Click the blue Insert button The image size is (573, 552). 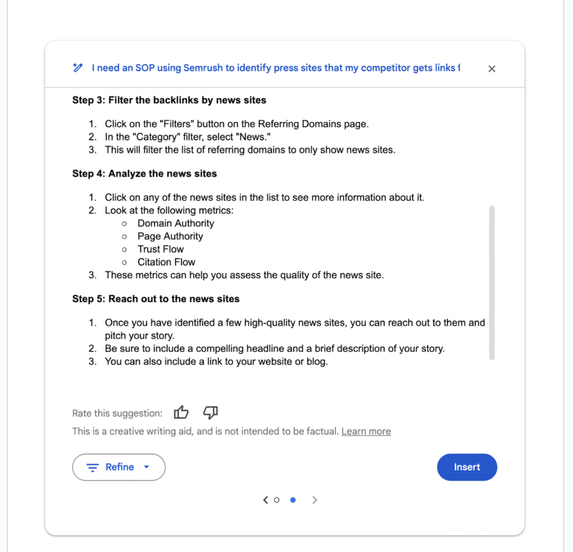(x=467, y=467)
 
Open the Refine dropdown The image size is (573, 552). (x=119, y=467)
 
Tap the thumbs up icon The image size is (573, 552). (x=181, y=412)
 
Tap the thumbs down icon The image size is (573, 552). (x=210, y=412)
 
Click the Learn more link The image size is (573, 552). (x=366, y=431)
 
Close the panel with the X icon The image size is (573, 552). (x=492, y=69)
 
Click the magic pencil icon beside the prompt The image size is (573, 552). (x=78, y=67)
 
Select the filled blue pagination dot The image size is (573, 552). (x=293, y=500)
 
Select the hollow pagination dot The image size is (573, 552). (x=276, y=500)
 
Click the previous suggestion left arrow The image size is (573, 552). (x=265, y=500)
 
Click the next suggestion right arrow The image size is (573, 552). (x=315, y=500)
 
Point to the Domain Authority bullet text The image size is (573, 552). (x=175, y=224)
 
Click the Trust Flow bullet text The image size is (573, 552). (x=160, y=249)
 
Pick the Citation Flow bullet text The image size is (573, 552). (x=166, y=262)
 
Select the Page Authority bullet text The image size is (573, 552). (x=170, y=237)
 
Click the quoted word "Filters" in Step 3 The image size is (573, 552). (x=177, y=124)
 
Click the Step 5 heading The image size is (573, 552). (x=156, y=299)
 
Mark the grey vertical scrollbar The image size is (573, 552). (x=492, y=282)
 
